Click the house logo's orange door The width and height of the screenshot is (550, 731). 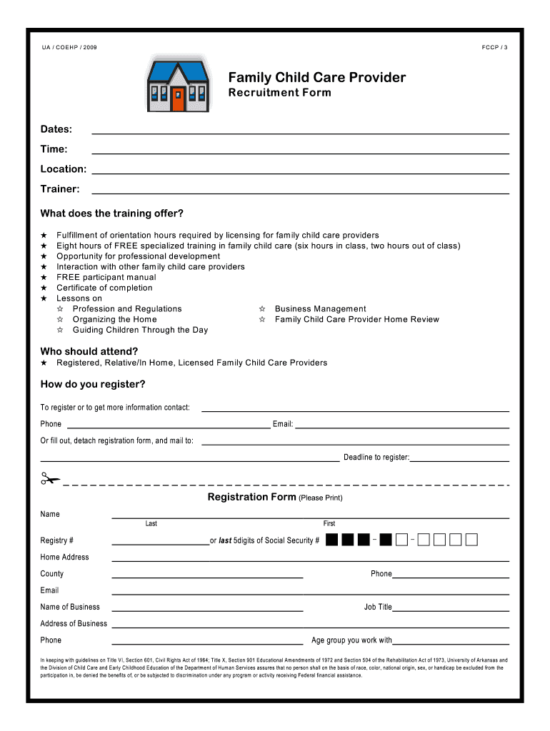178,99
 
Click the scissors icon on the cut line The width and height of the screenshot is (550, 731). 50,480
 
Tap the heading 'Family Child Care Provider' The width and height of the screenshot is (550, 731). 316,77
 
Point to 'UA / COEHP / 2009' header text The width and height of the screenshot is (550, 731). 69,47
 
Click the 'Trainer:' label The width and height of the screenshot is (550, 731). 60,189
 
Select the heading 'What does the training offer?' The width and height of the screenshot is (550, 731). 112,213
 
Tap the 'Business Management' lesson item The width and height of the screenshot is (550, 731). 320,309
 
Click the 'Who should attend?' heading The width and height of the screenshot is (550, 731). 89,351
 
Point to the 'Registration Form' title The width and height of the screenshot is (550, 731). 251,497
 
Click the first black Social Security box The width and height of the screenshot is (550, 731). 331,540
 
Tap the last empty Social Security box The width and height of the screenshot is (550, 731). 471,540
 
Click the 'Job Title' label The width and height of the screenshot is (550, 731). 378,608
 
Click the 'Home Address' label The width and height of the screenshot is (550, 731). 65,558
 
